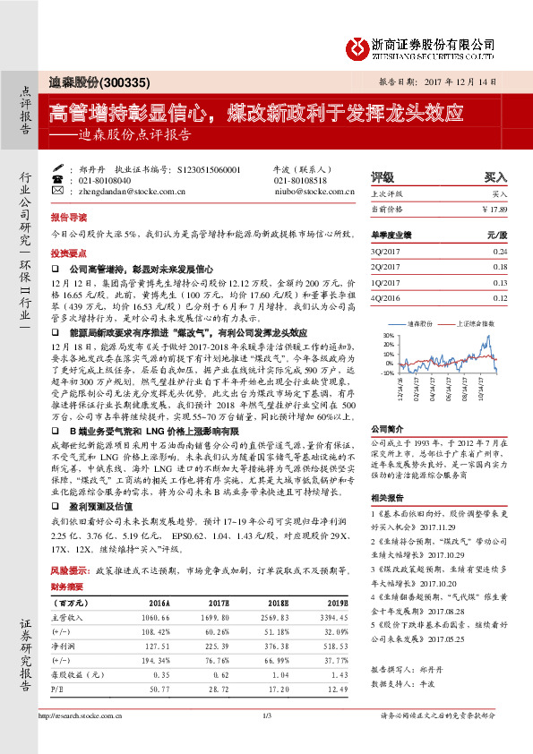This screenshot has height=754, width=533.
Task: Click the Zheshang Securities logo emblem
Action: (359, 45)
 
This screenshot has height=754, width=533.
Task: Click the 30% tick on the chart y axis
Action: (387, 334)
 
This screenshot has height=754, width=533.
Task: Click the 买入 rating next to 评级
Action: (495, 177)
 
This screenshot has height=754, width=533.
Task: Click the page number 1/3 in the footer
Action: (266, 715)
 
